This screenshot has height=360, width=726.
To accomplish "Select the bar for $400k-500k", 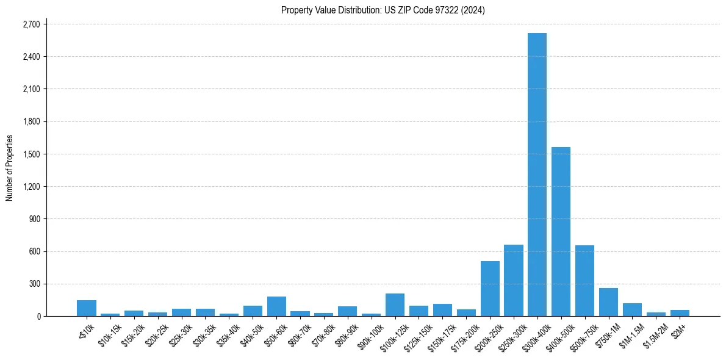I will tap(561, 232).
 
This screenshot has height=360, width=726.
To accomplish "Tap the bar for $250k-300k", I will tap(513, 281).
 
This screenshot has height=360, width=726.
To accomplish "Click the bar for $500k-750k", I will tap(584, 281).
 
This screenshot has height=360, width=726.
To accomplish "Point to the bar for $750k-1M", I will tap(608, 302).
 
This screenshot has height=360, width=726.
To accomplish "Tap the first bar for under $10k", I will tap(87, 308).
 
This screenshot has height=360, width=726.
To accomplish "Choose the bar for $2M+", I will tap(680, 313).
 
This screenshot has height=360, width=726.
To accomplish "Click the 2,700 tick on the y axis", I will tap(31, 24).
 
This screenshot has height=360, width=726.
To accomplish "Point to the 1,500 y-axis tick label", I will tap(31, 154).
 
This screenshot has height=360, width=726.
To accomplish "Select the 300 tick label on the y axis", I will tap(34, 284).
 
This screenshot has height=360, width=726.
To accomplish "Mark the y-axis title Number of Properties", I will tap(9, 168).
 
